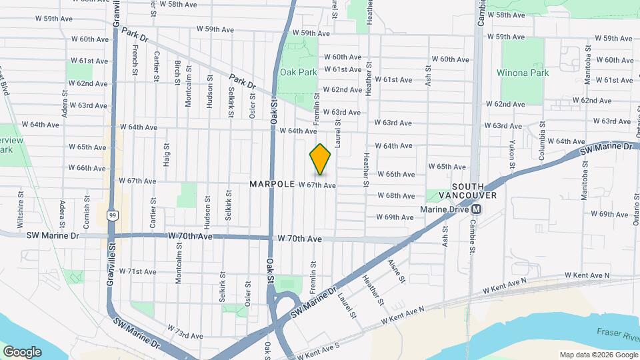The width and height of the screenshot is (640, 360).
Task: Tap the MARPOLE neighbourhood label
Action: [272, 183]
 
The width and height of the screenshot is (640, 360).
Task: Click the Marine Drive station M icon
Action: [477, 209]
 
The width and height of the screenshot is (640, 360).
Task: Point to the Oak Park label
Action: [298, 72]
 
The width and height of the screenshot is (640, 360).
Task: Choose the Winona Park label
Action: [523, 72]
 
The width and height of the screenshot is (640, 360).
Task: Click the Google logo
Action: [21, 351]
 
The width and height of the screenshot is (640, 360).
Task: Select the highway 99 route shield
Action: [114, 215]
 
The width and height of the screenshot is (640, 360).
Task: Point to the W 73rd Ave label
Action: [184, 331]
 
